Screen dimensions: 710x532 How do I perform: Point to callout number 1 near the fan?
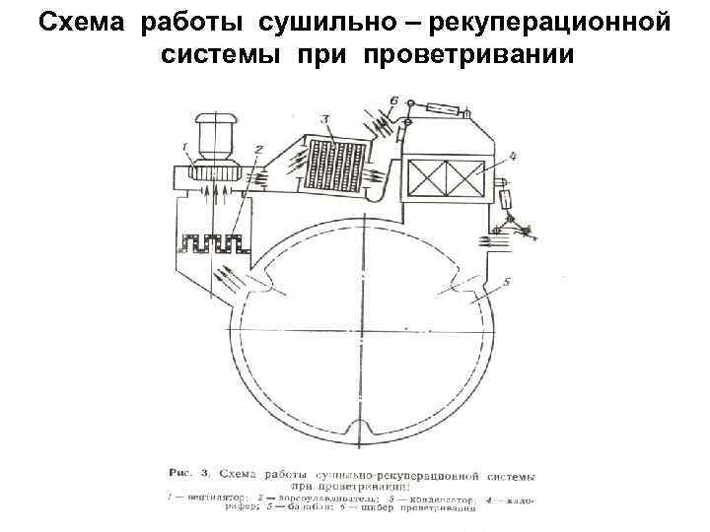(x=183, y=147)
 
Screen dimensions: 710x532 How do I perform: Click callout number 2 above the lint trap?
(x=258, y=149)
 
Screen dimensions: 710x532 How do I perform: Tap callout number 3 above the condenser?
(x=325, y=119)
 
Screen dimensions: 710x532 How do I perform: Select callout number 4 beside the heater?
(x=514, y=155)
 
